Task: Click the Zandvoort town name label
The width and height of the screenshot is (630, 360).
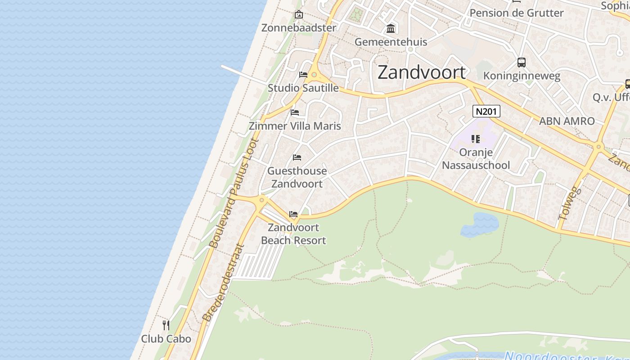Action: [422, 72]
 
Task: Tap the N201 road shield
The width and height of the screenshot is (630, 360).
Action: [486, 111]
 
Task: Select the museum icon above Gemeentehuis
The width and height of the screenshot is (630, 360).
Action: [391, 29]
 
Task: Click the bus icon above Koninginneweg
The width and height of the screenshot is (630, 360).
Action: [522, 63]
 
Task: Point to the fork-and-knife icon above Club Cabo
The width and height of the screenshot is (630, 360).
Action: [166, 325]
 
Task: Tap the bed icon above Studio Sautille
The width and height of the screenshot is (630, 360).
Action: [303, 74]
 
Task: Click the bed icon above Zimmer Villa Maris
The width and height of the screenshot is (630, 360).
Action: [295, 112]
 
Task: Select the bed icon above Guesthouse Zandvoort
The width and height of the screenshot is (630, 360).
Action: [297, 157]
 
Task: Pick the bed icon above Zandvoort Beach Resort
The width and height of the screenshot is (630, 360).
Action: [293, 214]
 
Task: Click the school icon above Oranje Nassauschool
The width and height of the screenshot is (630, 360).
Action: [476, 139]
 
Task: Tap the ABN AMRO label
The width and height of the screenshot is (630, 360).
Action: [567, 121]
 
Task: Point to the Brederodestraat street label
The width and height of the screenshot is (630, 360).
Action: [223, 283]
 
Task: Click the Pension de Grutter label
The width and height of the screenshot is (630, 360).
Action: [516, 13]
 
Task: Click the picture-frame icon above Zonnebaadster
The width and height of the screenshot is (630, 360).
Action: [298, 14]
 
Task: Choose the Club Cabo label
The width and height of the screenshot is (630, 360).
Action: [166, 339]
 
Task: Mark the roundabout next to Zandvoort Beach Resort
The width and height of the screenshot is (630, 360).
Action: [261, 200]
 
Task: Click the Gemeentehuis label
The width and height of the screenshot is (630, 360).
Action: [391, 42]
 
